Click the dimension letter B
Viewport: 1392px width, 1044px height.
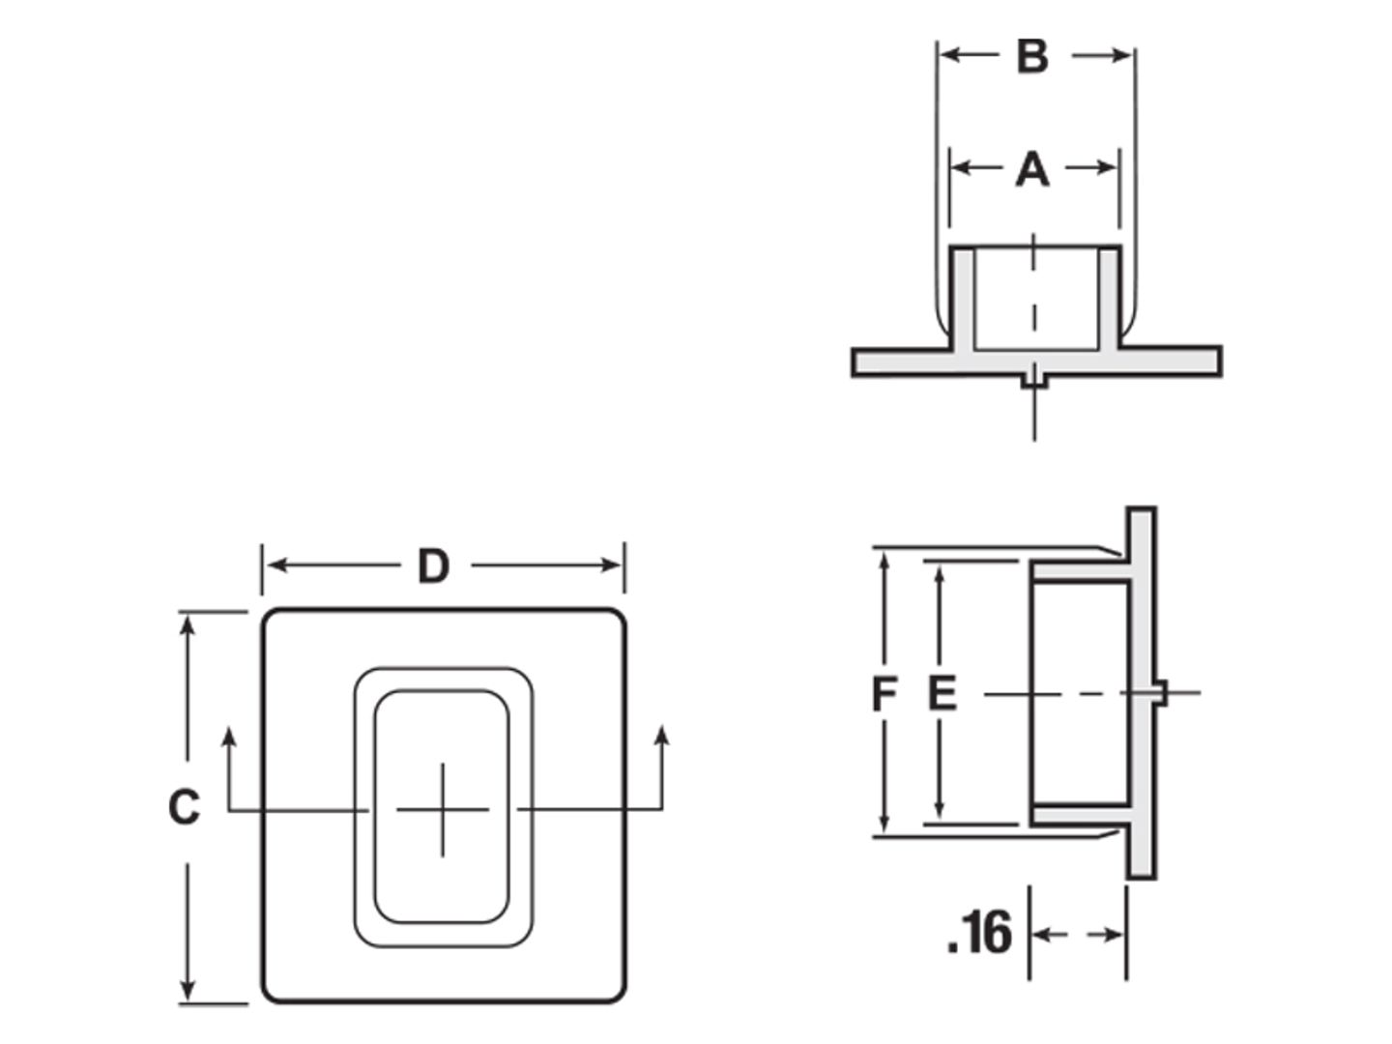tap(1031, 56)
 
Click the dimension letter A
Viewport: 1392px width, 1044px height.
tap(1031, 169)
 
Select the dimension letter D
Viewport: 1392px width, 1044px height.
tap(433, 566)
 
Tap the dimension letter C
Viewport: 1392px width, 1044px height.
tap(184, 807)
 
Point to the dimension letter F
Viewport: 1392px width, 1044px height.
tap(884, 693)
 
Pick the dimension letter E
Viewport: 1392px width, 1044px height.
tap(942, 693)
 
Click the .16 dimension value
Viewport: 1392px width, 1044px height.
tap(980, 933)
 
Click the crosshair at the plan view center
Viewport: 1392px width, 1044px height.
tap(443, 809)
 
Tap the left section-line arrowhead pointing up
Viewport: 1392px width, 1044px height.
tap(229, 738)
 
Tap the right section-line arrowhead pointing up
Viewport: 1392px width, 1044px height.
tap(662, 736)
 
